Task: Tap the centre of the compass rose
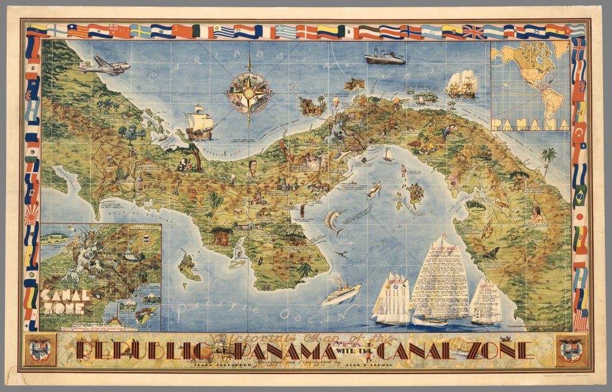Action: click(249, 93)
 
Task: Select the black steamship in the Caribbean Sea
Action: click(384, 57)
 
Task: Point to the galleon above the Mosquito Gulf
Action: click(199, 122)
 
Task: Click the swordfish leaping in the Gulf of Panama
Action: click(332, 222)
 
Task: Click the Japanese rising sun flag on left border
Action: click(32, 213)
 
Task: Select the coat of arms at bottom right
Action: click(571, 350)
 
